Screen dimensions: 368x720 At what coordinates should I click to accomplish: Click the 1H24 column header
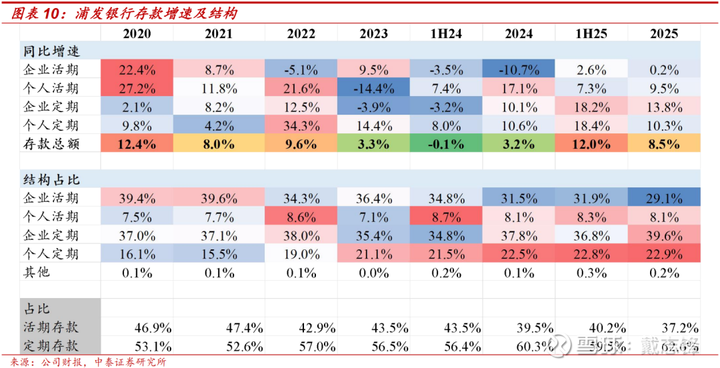(x=445, y=33)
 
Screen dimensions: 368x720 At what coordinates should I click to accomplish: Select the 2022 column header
(x=301, y=33)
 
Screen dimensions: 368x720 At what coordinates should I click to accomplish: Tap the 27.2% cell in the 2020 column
(x=137, y=88)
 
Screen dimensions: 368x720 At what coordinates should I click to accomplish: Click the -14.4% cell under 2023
(x=373, y=88)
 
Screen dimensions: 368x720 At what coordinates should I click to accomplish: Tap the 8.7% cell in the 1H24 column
(x=445, y=217)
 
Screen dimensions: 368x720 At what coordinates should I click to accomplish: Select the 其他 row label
(x=36, y=273)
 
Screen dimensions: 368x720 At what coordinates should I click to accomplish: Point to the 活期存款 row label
(x=51, y=327)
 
